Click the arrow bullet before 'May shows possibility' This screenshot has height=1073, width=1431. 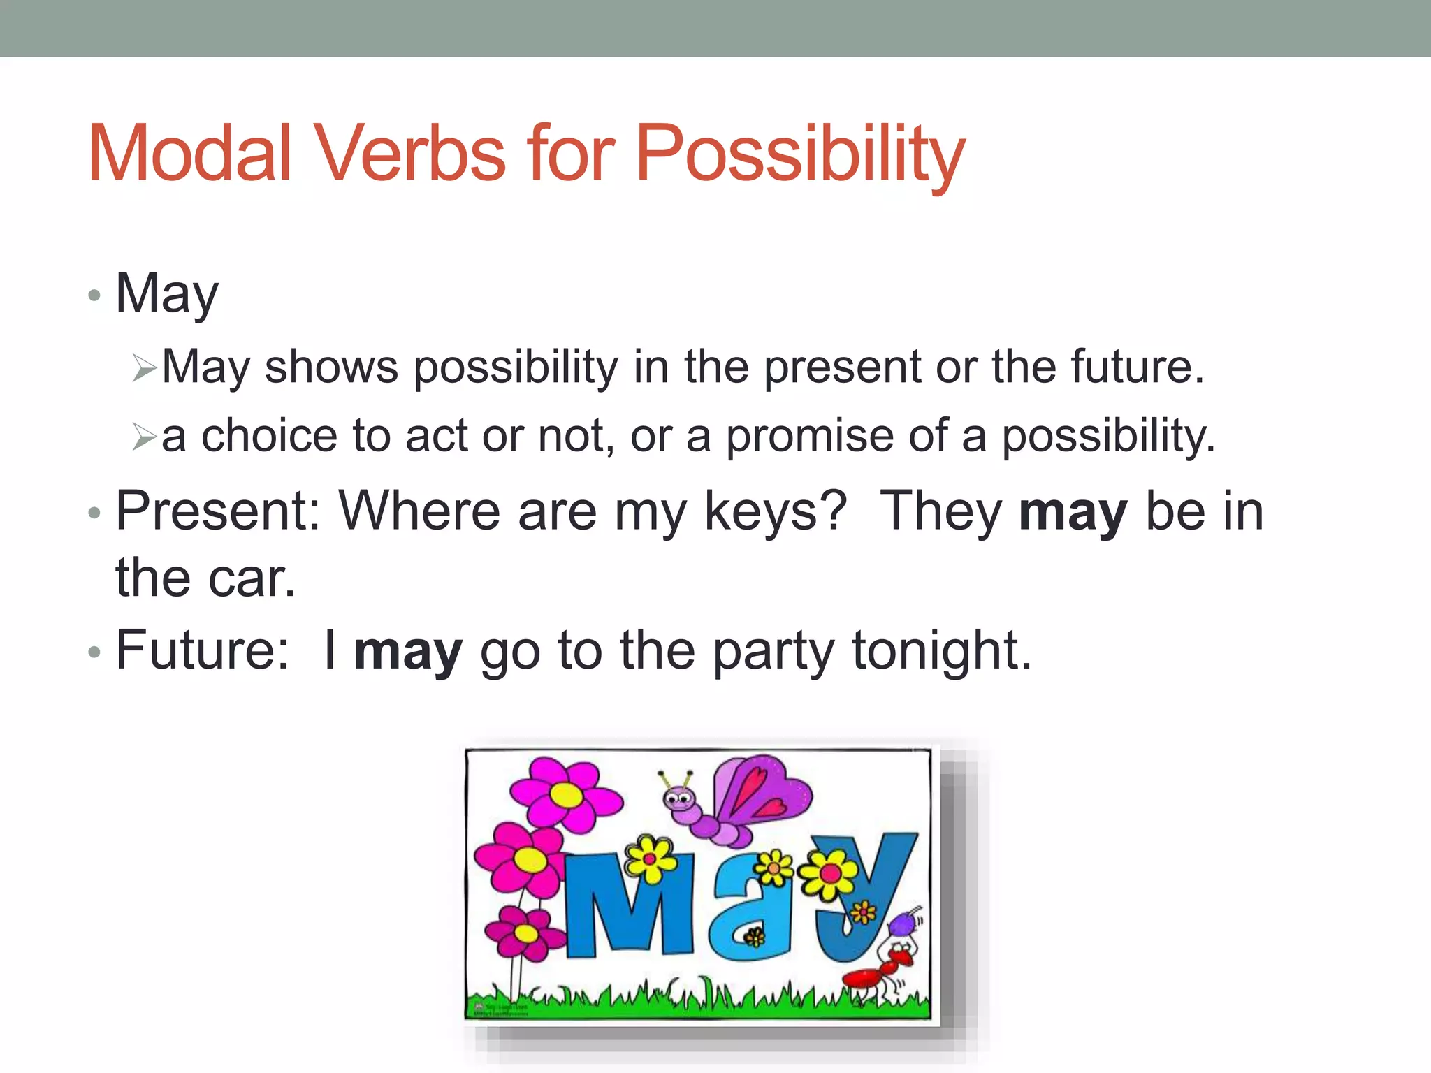pos(145,368)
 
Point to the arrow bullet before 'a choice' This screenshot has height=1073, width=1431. pos(145,437)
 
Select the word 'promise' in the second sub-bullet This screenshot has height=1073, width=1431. pos(810,437)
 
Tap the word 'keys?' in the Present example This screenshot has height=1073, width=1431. pos(776,512)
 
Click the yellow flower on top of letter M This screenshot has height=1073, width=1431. pos(651,859)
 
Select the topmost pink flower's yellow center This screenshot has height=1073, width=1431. pos(567,795)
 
